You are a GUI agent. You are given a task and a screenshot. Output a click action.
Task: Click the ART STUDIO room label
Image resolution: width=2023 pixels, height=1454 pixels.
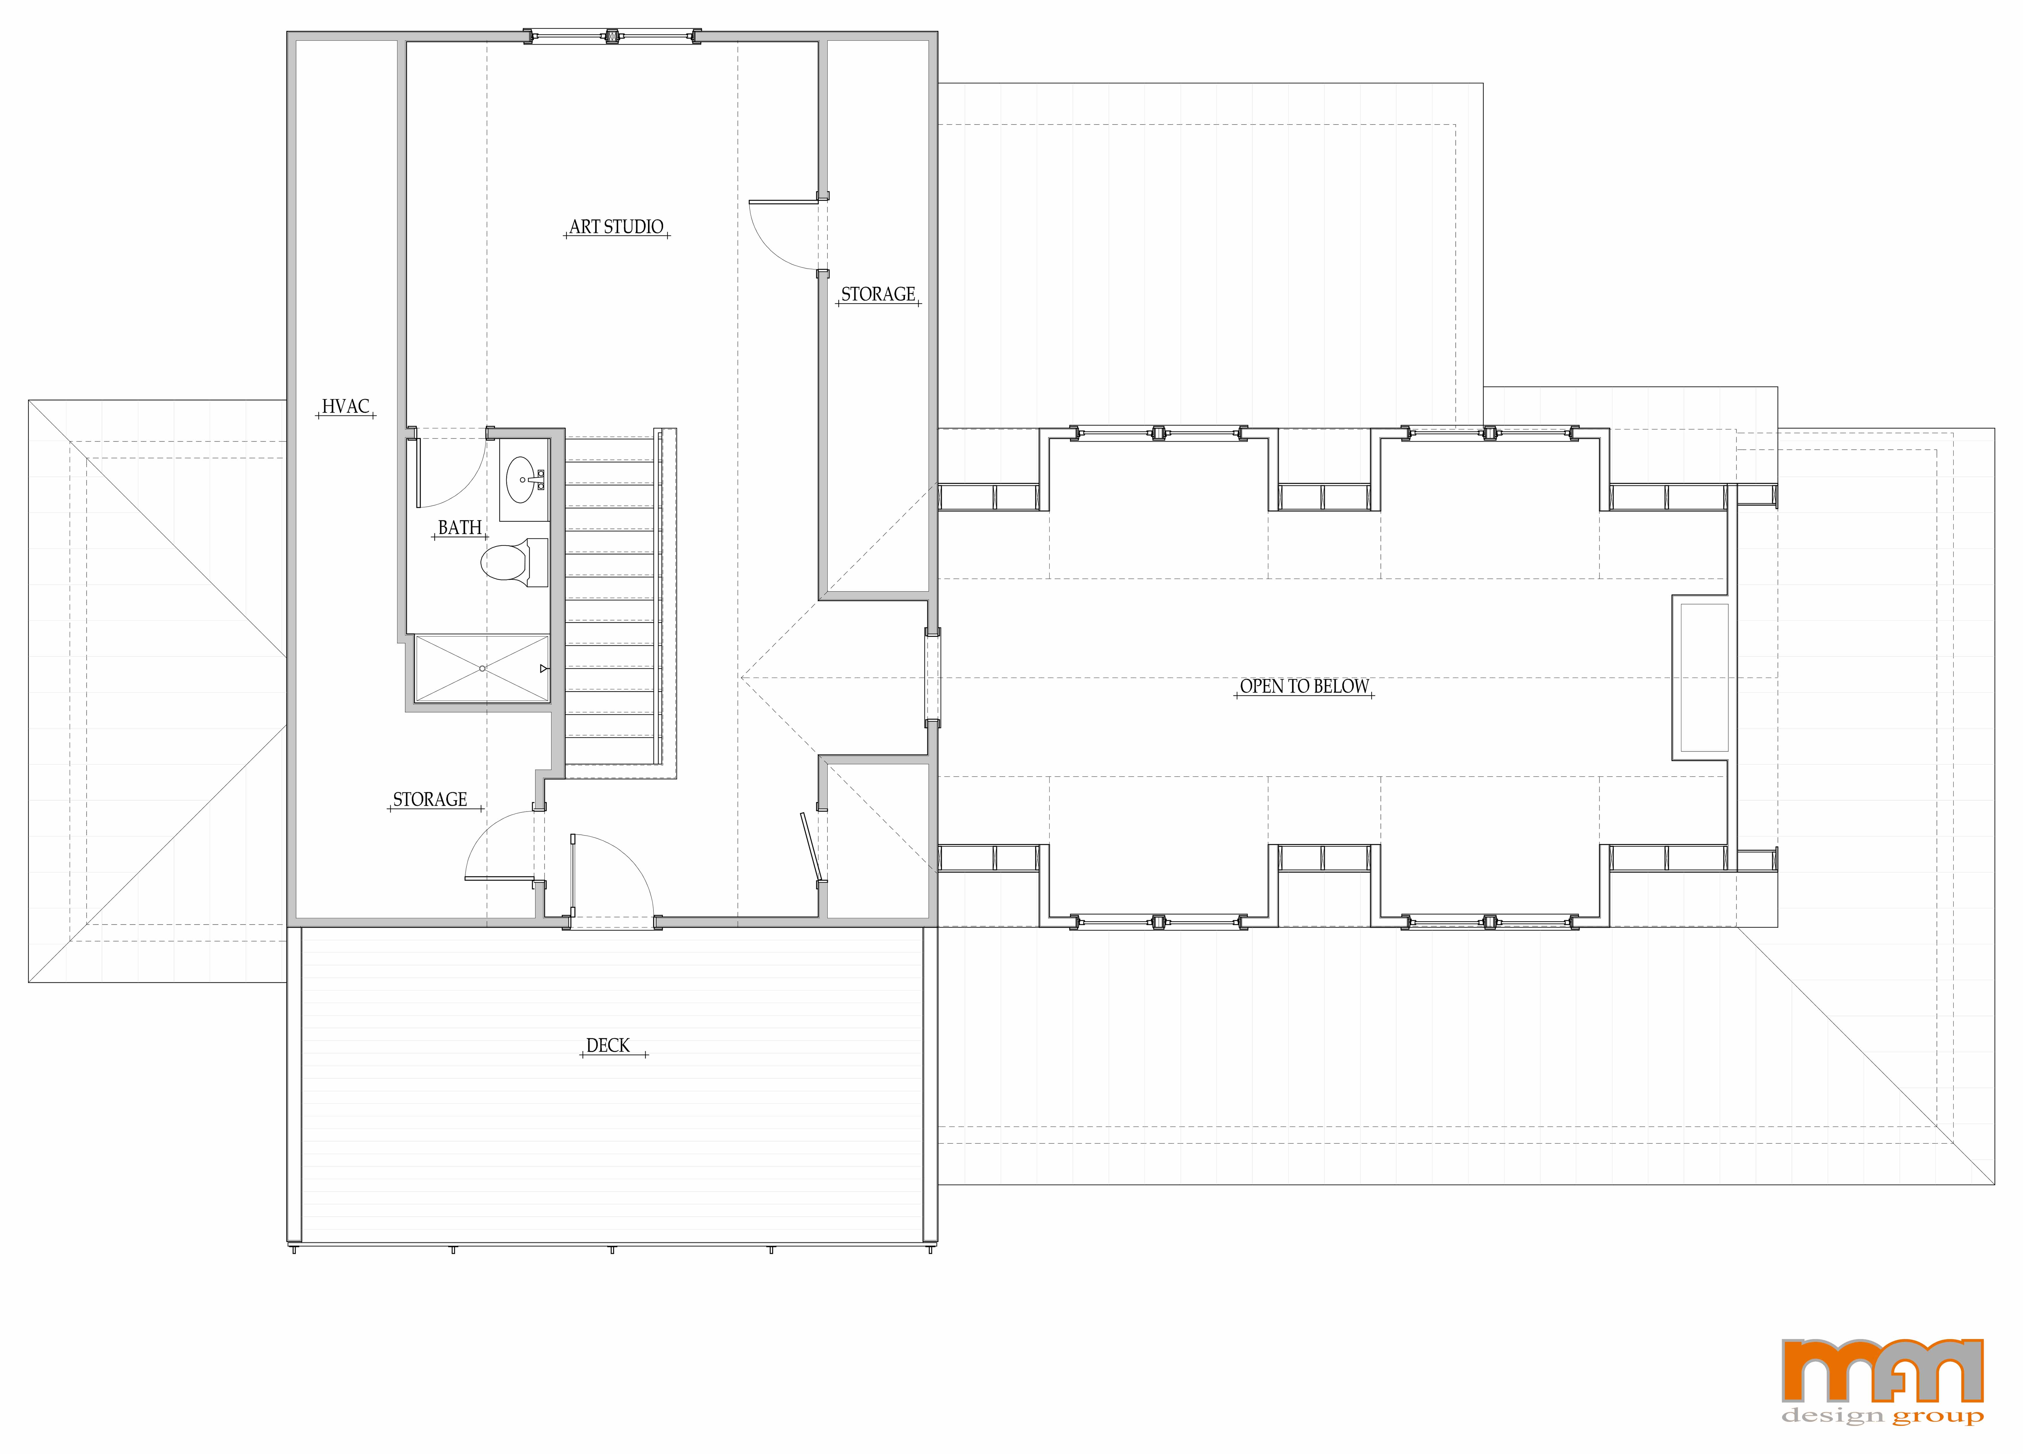point(616,227)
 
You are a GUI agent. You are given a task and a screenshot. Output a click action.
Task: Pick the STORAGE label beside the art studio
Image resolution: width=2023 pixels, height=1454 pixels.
point(878,294)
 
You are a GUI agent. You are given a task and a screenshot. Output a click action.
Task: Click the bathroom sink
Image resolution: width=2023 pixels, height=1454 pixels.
point(524,480)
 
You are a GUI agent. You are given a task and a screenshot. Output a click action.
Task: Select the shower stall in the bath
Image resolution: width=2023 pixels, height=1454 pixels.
point(483,668)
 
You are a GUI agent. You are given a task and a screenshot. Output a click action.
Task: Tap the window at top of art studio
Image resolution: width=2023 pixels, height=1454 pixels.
point(612,37)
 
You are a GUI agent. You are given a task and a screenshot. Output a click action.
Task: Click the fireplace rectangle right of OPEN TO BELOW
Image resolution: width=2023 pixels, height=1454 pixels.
point(1704,678)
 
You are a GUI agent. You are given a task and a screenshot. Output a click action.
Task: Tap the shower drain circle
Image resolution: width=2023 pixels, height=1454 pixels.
point(483,668)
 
